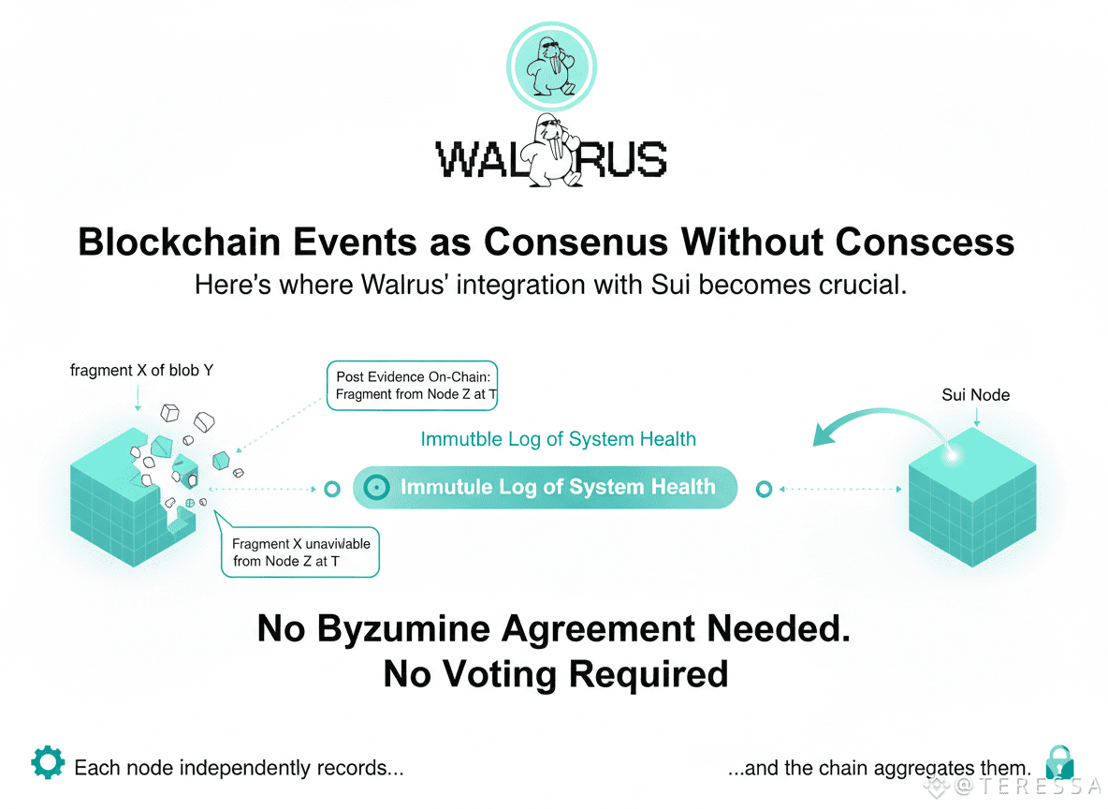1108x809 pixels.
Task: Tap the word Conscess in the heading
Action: [x=925, y=242]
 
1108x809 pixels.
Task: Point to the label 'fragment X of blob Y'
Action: [x=141, y=370]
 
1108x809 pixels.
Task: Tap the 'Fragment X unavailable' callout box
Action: [x=300, y=552]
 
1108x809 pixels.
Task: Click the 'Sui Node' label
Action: [x=975, y=395]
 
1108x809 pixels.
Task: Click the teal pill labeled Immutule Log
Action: [x=545, y=487]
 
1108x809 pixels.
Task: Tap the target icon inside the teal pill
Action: [x=376, y=487]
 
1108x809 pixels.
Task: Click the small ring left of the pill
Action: [x=330, y=489]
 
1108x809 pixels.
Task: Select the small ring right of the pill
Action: [x=764, y=489]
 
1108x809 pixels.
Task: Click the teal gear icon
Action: [x=48, y=763]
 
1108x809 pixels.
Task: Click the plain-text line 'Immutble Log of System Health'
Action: [x=558, y=439]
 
